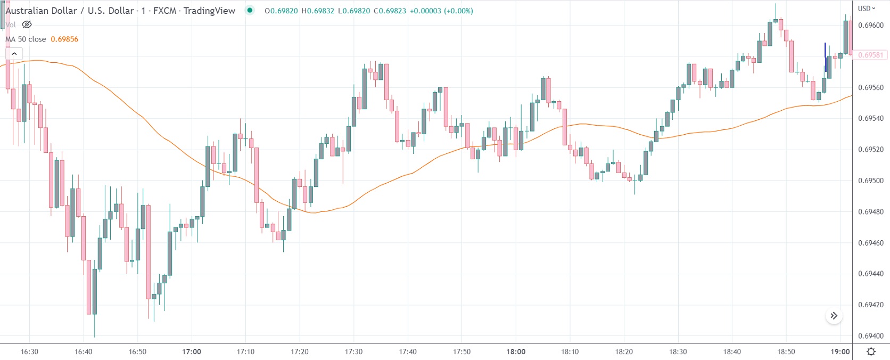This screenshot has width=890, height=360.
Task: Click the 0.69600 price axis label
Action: click(870, 25)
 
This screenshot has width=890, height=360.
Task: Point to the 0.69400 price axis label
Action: click(870, 336)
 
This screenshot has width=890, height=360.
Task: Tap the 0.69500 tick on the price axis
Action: click(870, 181)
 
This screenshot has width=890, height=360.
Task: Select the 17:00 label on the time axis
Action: click(192, 351)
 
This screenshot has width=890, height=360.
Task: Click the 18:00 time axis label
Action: click(516, 351)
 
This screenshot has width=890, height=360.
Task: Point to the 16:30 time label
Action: click(29, 351)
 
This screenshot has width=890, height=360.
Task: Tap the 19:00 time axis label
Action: click(840, 351)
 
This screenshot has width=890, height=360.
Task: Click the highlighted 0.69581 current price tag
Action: click(870, 55)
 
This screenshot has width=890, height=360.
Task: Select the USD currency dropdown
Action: click(866, 9)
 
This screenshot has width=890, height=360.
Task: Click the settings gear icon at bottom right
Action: click(871, 351)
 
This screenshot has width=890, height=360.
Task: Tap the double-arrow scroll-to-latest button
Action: click(834, 316)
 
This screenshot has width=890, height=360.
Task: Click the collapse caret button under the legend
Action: click(14, 53)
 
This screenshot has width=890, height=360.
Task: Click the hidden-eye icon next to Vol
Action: click(27, 24)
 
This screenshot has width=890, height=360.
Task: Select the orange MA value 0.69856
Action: click(64, 39)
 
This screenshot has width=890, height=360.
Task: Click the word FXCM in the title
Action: click(164, 11)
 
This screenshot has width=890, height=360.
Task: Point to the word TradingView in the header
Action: click(209, 11)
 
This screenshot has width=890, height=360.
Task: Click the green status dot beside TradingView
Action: click(250, 10)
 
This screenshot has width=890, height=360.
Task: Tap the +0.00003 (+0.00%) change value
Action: click(441, 11)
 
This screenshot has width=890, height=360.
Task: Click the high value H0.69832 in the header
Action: click(318, 11)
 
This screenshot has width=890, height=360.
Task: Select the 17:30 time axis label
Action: click(353, 351)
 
